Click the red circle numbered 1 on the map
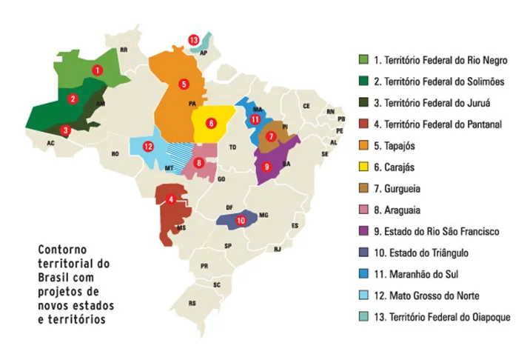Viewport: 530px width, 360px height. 96,69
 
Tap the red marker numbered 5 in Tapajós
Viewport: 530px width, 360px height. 184,84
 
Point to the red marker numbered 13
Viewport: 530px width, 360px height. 193,39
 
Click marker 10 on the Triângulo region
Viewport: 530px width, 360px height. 240,220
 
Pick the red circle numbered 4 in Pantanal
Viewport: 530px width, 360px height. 170,199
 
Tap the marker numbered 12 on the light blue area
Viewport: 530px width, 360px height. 148,146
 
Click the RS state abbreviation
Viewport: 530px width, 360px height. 193,303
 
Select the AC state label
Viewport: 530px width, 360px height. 50,142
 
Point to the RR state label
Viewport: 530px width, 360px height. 124,50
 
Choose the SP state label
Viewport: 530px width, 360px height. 228,245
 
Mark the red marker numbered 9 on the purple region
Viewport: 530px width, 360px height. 267,167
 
